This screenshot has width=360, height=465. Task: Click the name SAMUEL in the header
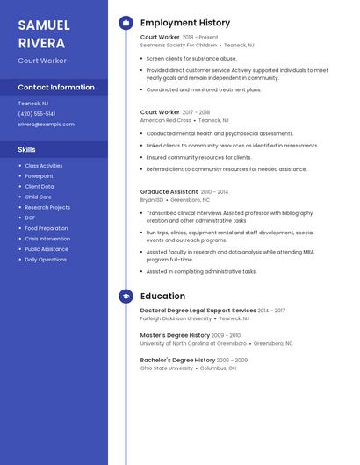44,25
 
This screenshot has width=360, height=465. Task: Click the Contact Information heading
56,88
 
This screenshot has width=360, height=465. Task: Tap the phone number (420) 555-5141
36,114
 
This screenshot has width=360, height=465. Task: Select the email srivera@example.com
46,125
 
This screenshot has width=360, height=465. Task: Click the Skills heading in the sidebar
26,150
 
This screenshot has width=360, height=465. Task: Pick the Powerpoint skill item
39,176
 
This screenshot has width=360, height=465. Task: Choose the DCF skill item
30,218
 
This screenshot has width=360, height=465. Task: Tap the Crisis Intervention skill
47,239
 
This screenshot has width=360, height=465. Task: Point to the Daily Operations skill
46,260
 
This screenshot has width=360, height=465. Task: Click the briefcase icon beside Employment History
126,23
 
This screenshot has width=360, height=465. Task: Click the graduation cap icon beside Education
126,297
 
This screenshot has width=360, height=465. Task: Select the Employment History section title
185,23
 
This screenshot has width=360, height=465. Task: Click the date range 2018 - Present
200,38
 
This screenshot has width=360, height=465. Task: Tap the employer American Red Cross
166,120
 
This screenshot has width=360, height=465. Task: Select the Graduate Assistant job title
169,191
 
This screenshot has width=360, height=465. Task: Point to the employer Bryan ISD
152,199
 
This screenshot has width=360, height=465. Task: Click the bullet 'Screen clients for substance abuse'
191,58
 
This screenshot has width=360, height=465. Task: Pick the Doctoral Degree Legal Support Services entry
198,311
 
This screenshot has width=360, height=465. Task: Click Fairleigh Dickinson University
176,318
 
